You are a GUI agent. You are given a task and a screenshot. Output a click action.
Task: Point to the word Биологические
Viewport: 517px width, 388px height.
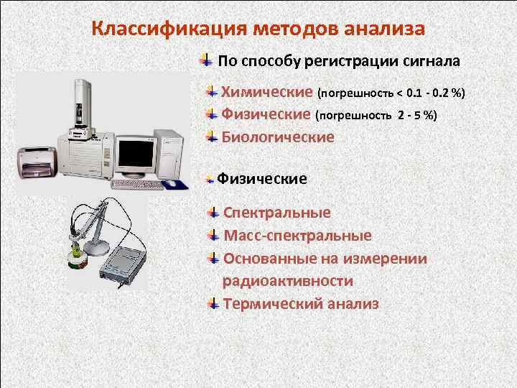coord(278,137)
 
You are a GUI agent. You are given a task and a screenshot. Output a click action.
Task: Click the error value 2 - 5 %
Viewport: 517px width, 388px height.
coord(416,115)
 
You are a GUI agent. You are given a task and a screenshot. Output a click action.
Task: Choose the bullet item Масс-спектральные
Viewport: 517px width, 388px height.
coord(297,236)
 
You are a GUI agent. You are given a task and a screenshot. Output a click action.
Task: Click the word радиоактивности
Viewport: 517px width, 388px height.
coord(287,281)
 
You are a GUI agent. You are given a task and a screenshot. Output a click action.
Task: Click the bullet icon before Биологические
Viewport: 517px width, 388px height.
coord(212,136)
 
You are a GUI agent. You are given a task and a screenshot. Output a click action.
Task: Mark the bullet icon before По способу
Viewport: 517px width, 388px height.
coord(205,59)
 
